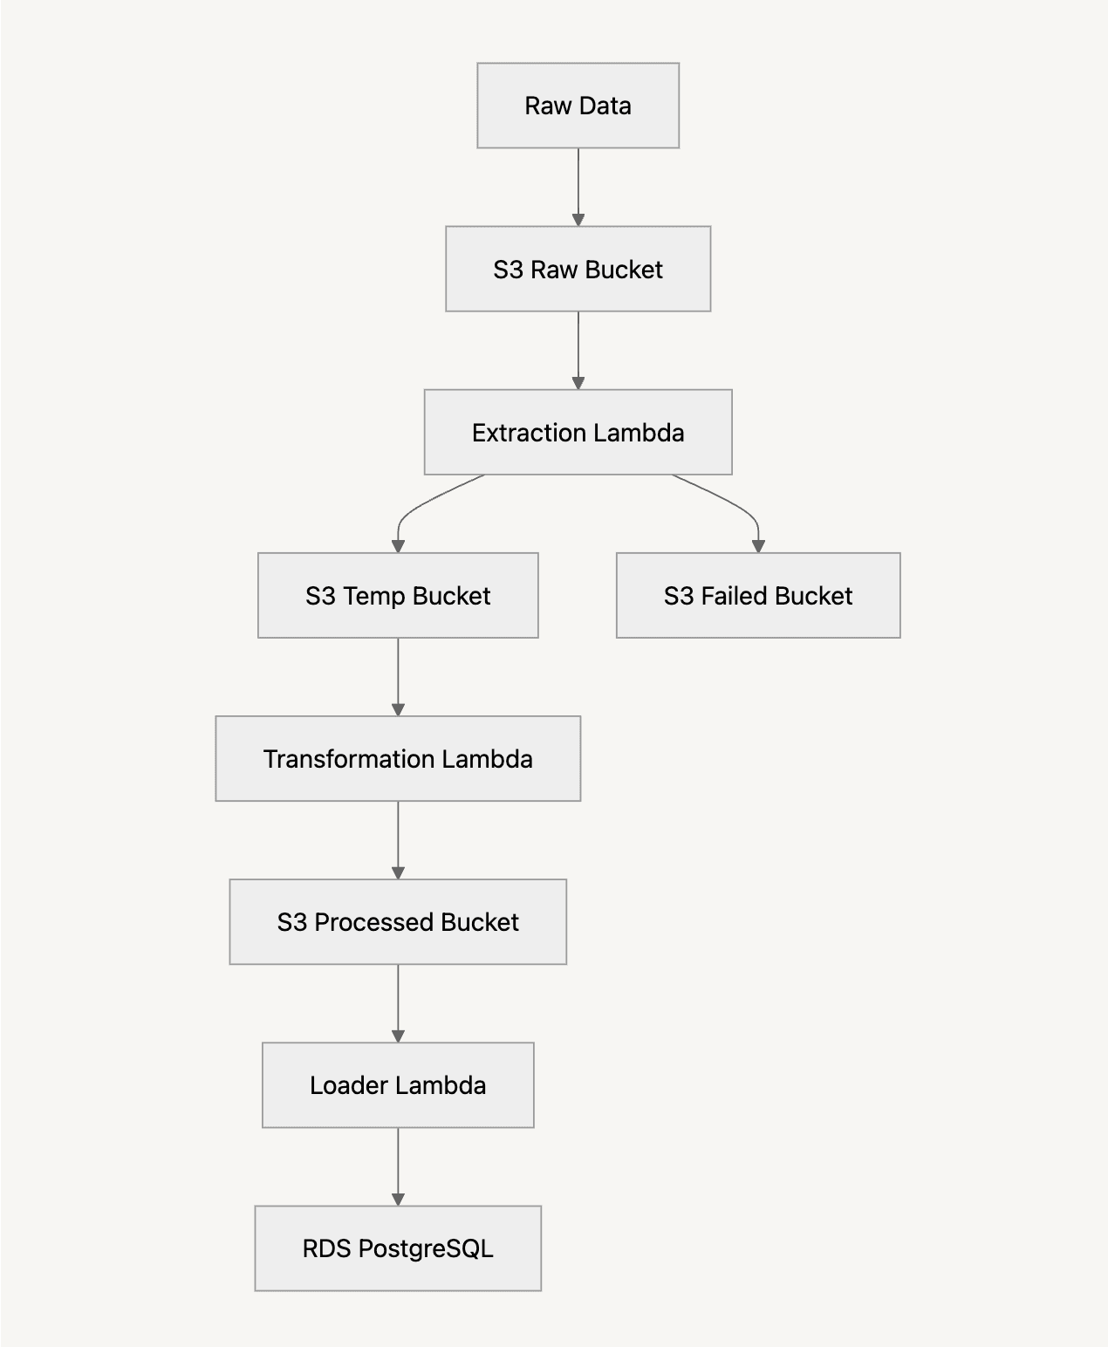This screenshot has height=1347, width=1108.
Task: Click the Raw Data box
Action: [578, 106]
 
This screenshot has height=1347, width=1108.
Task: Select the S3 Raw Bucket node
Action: [578, 269]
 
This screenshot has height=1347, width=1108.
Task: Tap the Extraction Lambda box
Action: [578, 432]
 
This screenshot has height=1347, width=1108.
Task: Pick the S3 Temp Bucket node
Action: [398, 595]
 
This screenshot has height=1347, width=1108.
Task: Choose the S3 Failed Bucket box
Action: [757, 595]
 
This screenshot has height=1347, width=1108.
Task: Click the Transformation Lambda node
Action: [398, 758]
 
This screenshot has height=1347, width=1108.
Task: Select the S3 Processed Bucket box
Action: [398, 921]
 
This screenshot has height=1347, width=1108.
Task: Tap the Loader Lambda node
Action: [398, 1084]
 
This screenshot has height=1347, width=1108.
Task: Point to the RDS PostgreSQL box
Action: [398, 1248]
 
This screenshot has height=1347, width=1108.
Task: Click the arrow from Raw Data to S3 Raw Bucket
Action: [578, 186]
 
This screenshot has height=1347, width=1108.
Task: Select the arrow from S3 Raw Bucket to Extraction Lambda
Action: [578, 349]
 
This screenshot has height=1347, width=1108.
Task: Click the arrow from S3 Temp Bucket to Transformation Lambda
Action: [398, 676]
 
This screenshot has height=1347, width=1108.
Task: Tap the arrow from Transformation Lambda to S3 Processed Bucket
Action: [398, 839]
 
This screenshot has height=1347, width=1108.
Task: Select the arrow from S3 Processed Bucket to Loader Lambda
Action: [398, 1002]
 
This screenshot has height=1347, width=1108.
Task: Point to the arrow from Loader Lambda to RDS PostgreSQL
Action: [398, 1166]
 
